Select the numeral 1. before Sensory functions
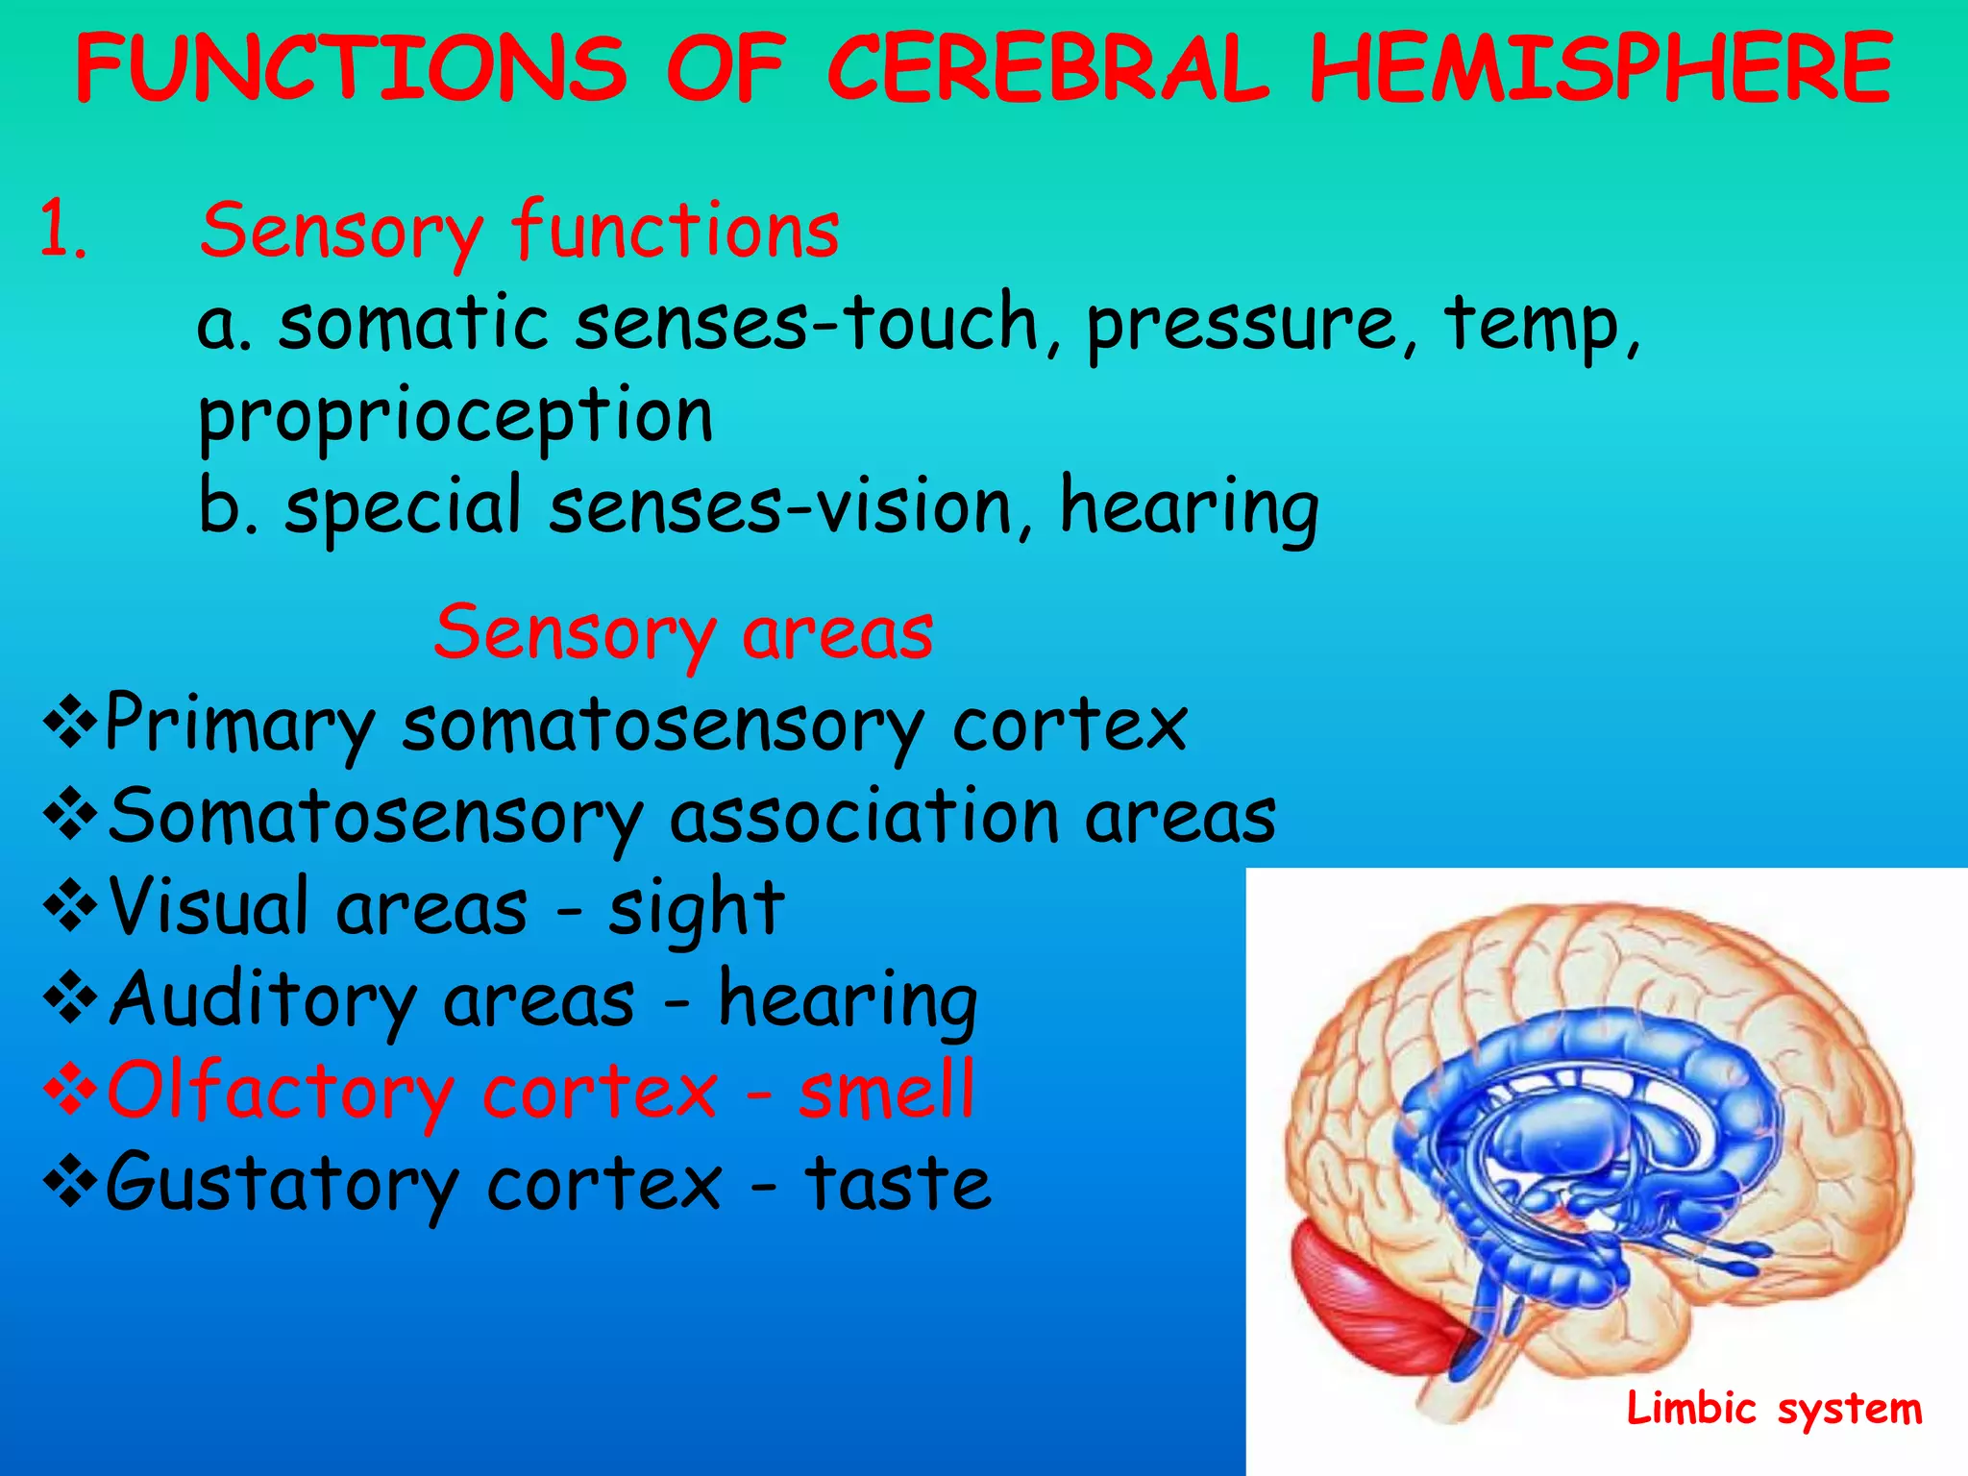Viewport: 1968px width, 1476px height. pyautogui.click(x=63, y=231)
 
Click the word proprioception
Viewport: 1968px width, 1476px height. pyautogui.click(x=455, y=415)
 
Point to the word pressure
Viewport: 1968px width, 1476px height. pyautogui.click(x=1240, y=323)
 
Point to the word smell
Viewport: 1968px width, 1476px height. pyautogui.click(x=886, y=1092)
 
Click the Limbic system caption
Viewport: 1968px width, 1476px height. pyautogui.click(x=1774, y=1410)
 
